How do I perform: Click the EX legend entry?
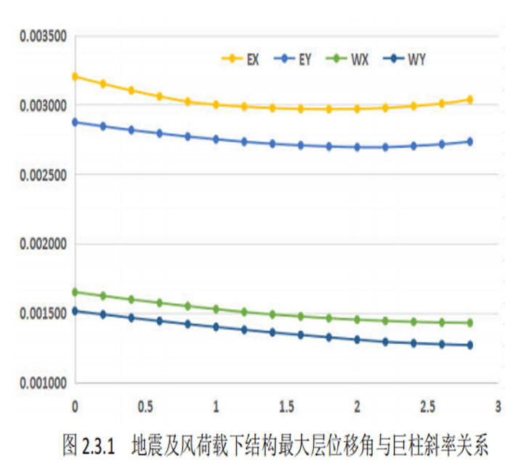[241, 60]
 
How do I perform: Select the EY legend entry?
[292, 60]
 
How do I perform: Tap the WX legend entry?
[347, 60]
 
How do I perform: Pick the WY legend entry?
[404, 60]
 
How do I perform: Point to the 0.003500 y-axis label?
[43, 36]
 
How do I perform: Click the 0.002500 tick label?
[43, 175]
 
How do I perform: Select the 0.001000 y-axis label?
[43, 383]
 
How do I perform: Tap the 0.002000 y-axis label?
[43, 244]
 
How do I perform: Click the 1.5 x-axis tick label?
[287, 406]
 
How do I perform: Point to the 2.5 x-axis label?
[428, 406]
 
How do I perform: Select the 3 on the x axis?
[498, 406]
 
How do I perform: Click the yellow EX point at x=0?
[75, 77]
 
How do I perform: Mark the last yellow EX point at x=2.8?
[470, 100]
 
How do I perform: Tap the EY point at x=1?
[217, 140]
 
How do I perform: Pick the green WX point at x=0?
[75, 292]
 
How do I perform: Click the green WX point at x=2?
[358, 320]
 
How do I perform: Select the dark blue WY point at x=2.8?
[470, 345]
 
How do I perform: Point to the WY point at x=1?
[217, 327]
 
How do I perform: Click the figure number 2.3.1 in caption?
[98, 446]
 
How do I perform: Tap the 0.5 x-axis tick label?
[145, 406]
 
